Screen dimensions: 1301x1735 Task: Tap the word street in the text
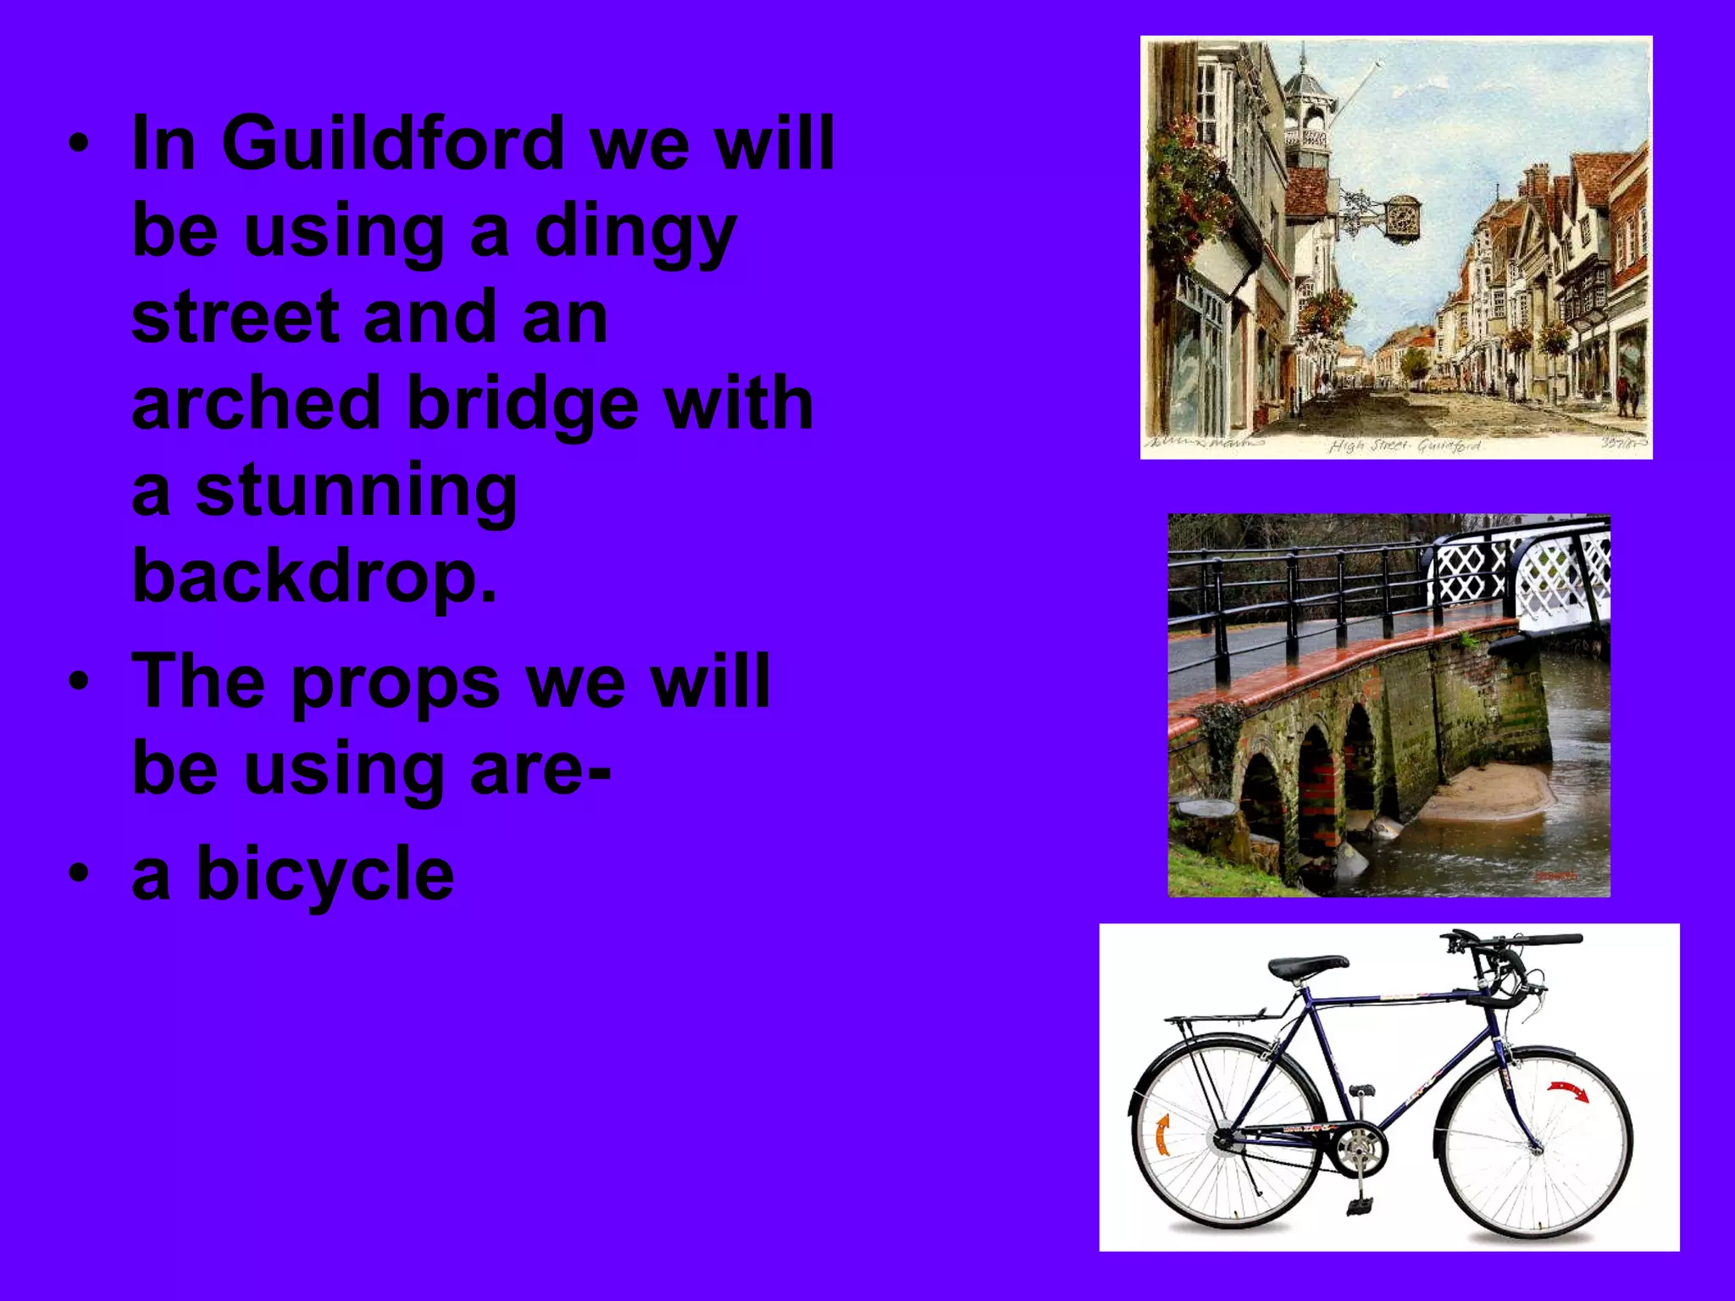pos(234,317)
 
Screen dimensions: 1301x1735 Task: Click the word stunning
pos(356,491)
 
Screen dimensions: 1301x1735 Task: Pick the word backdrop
pos(313,577)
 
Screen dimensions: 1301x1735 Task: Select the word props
pos(395,683)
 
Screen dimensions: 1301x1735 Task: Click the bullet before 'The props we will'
pos(79,681)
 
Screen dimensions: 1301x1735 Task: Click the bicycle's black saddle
pos(1307,966)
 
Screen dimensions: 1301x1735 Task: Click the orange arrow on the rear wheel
pos(1162,1135)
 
